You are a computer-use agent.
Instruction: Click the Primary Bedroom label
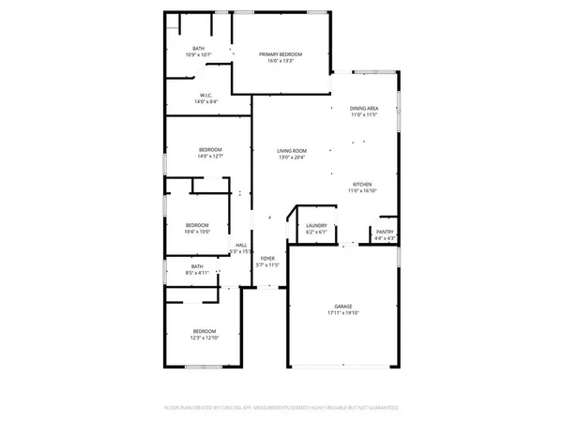(281, 54)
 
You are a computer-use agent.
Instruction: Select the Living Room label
(292, 151)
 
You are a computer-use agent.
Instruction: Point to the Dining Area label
(364, 108)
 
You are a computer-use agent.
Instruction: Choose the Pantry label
(385, 232)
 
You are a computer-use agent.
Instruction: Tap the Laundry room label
(316, 225)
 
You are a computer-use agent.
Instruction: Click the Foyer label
(267, 258)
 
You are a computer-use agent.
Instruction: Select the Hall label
(241, 245)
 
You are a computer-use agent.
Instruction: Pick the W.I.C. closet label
(208, 95)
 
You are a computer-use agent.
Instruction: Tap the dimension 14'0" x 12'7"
(210, 157)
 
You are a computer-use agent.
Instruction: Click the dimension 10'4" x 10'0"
(197, 232)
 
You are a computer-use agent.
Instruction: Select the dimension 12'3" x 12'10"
(205, 338)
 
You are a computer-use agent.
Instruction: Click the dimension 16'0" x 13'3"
(281, 61)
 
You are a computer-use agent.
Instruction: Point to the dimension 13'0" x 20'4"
(292, 158)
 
